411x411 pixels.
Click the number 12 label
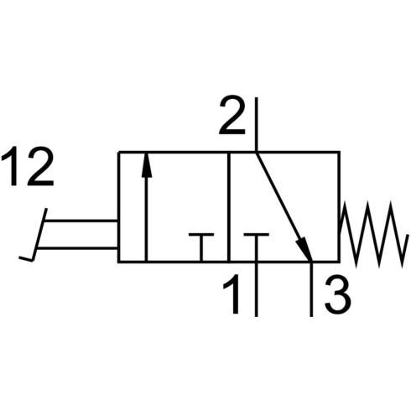[28, 166]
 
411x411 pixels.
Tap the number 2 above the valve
[232, 115]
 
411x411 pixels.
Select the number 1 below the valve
[232, 294]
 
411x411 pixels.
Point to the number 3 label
[338, 295]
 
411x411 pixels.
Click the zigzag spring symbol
[372, 234]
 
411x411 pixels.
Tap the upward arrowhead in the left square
[146, 165]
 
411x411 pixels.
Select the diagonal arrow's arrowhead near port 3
[304, 248]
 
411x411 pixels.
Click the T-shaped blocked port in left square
[201, 247]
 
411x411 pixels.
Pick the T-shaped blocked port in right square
[256, 247]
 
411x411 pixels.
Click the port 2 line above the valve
[256, 124]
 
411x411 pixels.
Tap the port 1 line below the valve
[256, 289]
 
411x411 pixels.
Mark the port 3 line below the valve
[311, 289]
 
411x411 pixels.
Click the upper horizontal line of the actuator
[81, 221]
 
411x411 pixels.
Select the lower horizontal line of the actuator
[77, 247]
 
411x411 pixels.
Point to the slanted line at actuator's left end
[39, 234]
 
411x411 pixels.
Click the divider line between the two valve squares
[228, 207]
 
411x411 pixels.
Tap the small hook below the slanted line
[26, 258]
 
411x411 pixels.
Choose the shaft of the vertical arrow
[146, 220]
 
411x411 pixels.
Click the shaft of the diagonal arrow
[278, 196]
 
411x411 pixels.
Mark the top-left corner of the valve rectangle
[118, 152]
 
